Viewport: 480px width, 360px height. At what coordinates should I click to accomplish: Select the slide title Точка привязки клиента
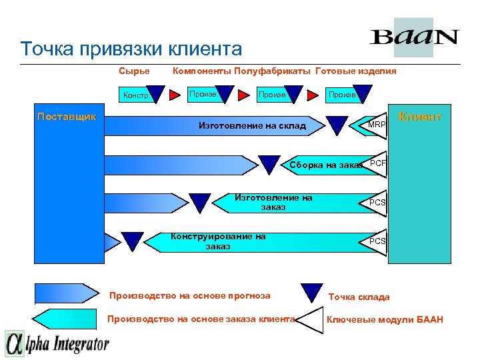(131, 49)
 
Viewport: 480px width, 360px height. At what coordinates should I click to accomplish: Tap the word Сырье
(134, 71)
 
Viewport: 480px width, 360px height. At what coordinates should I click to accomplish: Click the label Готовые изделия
(355, 71)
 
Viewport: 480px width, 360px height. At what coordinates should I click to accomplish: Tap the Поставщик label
(67, 116)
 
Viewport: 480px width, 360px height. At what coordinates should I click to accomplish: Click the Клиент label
(419, 117)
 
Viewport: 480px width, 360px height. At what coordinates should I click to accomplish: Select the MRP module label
(377, 125)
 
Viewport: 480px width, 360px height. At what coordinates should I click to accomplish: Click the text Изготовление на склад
(253, 125)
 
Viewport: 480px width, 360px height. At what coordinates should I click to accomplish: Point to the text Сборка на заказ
(325, 165)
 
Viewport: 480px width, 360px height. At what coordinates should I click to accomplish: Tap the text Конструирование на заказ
(218, 241)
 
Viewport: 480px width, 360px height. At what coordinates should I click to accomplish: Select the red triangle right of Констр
(174, 95)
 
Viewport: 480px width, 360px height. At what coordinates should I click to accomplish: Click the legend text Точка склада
(359, 297)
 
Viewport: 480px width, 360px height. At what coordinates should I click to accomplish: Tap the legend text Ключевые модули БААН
(385, 319)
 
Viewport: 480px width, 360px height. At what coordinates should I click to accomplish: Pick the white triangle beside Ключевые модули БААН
(309, 320)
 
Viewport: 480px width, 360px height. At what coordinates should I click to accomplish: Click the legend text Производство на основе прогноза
(190, 295)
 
